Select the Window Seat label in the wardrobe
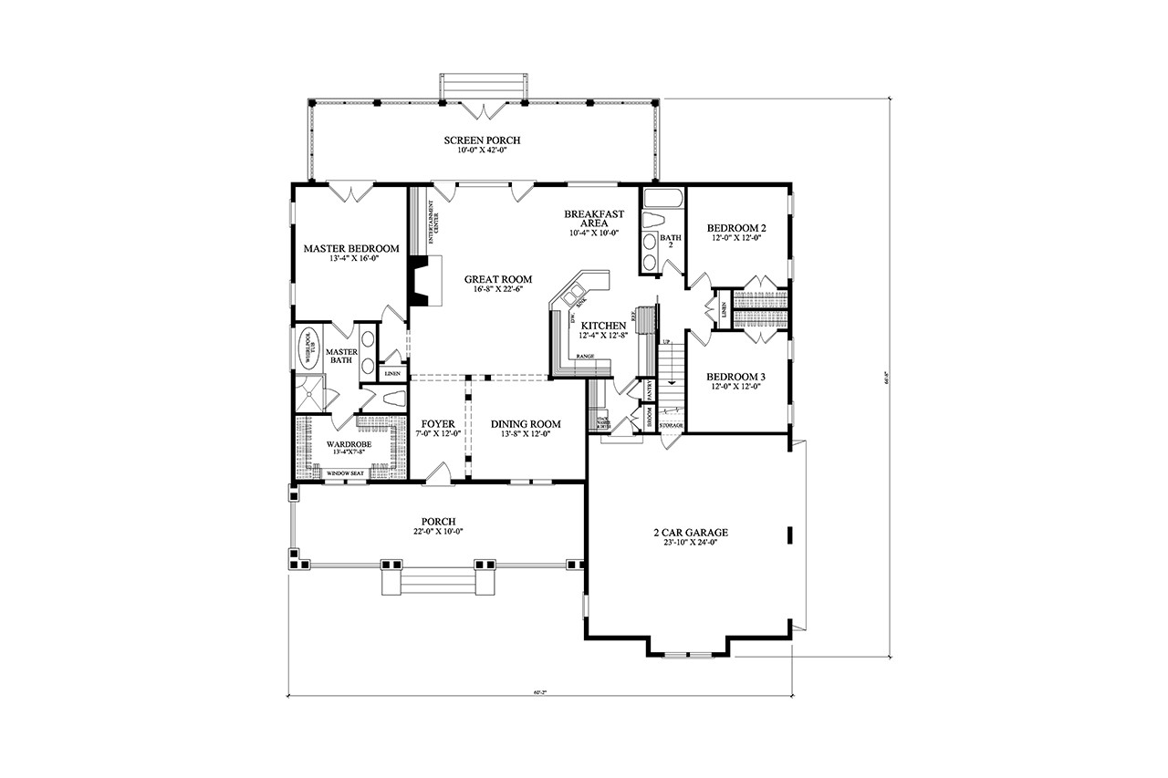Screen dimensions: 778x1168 pyautogui.click(x=346, y=473)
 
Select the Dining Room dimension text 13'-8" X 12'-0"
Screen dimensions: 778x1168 pyautogui.click(x=526, y=435)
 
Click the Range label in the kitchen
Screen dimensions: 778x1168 pyautogui.click(x=585, y=357)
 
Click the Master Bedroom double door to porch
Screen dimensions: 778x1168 pyautogui.click(x=350, y=192)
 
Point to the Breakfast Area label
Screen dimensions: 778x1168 pyautogui.click(x=593, y=219)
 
